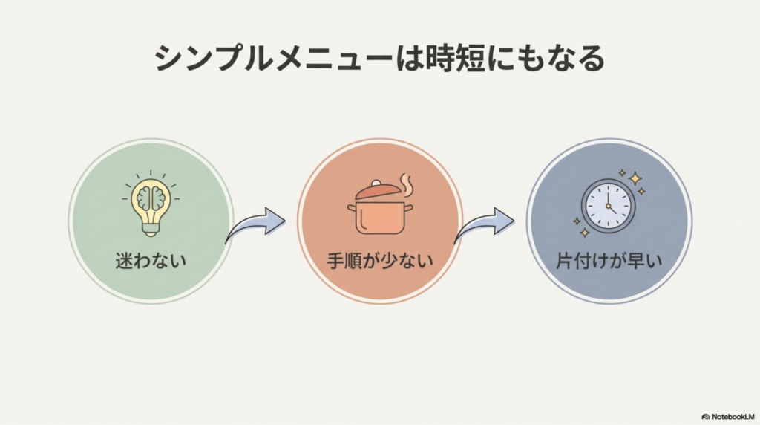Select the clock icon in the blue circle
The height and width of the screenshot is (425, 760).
click(608, 205)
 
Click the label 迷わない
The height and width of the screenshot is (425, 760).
click(150, 261)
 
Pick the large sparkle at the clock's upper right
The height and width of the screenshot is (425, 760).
click(635, 178)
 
